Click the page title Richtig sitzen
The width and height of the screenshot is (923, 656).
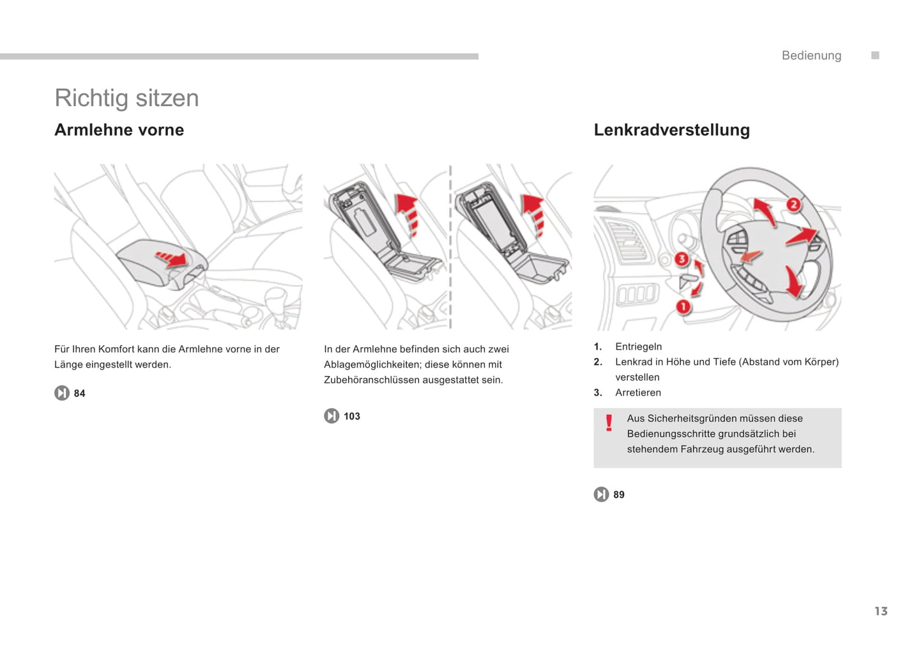click(x=126, y=98)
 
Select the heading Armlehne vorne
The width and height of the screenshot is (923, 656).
click(x=119, y=130)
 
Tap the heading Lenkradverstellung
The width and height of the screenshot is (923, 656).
click(x=671, y=130)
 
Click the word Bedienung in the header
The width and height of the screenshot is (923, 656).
click(x=811, y=56)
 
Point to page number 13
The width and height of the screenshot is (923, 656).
click(x=881, y=611)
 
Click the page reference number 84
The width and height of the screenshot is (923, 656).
click(x=79, y=393)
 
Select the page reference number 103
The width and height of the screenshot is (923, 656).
click(x=352, y=416)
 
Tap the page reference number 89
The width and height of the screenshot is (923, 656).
click(x=619, y=495)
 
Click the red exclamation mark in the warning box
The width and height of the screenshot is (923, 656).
click(x=609, y=423)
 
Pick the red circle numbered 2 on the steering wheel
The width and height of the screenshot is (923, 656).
click(x=793, y=205)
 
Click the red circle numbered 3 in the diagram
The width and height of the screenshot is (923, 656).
click(x=682, y=259)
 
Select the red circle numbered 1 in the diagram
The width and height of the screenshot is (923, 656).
click(x=683, y=307)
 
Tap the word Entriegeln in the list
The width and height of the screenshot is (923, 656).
click(x=638, y=347)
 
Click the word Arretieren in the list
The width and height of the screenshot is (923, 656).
click(x=637, y=393)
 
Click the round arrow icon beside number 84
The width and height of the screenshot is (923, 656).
click(x=62, y=393)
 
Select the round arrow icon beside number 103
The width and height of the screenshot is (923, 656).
click(x=332, y=416)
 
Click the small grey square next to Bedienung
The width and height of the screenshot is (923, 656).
click(x=875, y=56)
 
